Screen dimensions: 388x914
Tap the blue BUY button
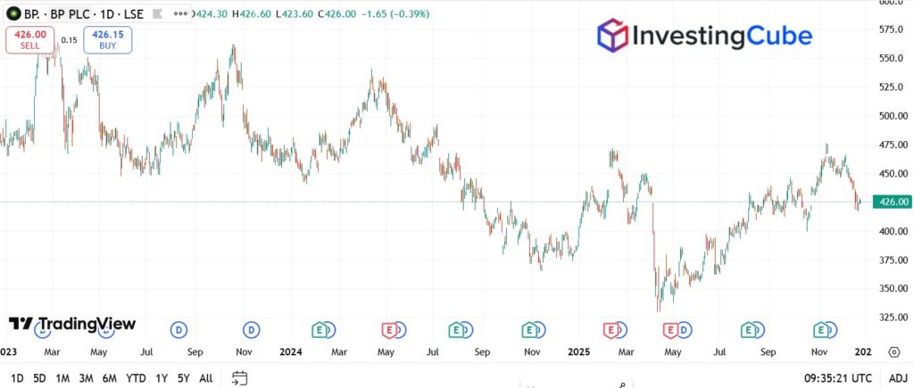108,39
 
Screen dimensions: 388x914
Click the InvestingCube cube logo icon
611,36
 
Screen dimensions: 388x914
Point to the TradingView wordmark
72,324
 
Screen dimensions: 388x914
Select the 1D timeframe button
17,378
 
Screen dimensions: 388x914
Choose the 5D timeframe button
39,378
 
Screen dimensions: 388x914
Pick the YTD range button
136,378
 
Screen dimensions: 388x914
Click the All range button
205,378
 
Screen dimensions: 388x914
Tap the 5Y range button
183,378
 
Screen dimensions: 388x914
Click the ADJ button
897,378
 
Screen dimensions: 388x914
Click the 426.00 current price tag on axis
893,202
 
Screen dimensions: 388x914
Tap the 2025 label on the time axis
581,351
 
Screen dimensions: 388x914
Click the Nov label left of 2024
243,351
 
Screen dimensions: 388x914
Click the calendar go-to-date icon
238,378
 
